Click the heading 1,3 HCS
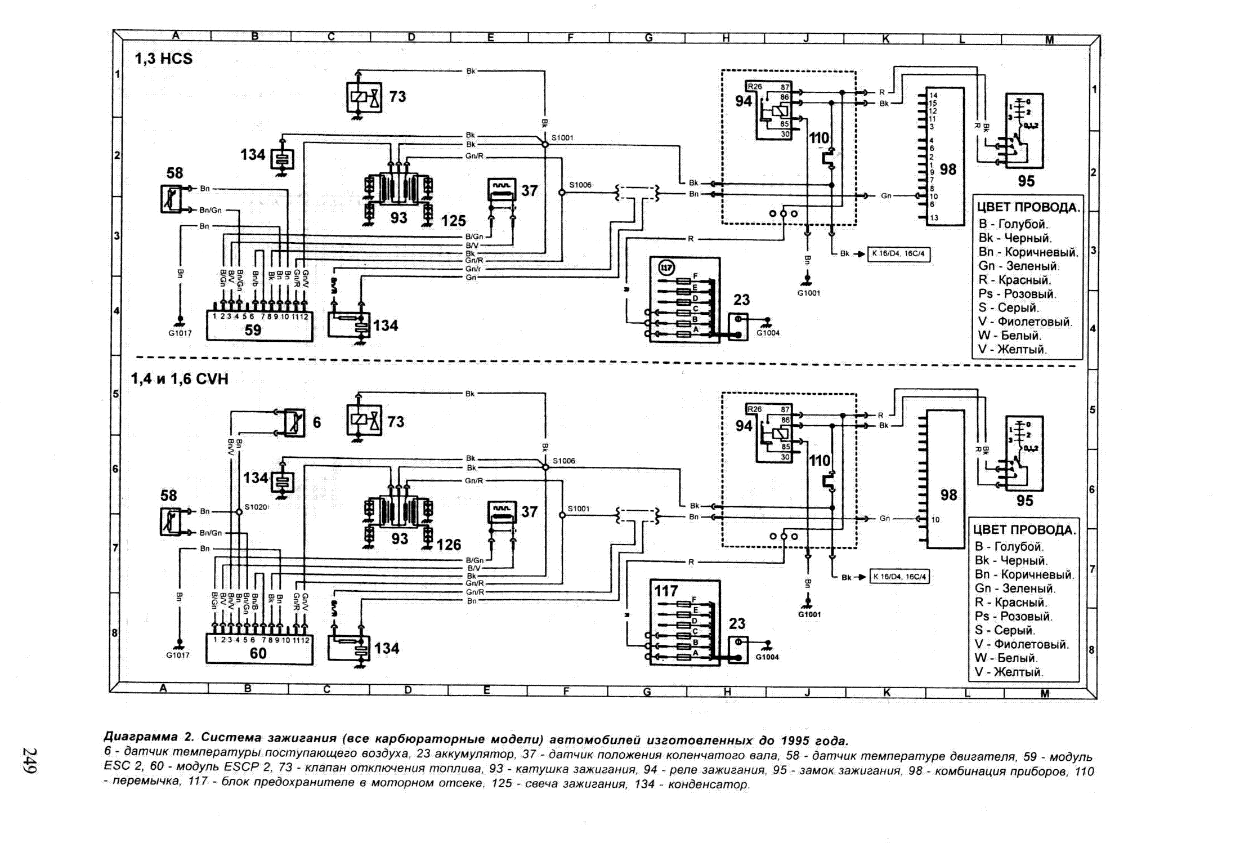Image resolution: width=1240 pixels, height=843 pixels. (x=163, y=59)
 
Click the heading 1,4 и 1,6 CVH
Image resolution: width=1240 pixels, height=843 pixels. (x=180, y=379)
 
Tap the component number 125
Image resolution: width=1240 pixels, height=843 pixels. (x=453, y=221)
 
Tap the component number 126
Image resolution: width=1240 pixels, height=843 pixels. (x=449, y=545)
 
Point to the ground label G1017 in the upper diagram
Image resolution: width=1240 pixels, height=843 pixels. (x=180, y=333)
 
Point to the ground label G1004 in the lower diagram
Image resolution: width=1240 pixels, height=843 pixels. (x=767, y=657)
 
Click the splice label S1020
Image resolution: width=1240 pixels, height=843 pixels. (x=256, y=507)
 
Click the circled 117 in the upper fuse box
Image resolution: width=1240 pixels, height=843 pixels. (x=666, y=268)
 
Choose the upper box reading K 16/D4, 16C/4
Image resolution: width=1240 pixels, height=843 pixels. (x=898, y=254)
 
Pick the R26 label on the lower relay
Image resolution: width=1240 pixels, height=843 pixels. (x=755, y=409)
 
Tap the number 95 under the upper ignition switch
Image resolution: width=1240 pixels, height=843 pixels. (x=1026, y=181)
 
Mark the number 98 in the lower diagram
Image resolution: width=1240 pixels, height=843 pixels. (x=948, y=495)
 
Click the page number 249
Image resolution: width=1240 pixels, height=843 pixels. (x=29, y=760)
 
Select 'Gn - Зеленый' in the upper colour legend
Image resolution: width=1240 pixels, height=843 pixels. (x=1019, y=266)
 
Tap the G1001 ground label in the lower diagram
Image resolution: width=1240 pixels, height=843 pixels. (x=809, y=614)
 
